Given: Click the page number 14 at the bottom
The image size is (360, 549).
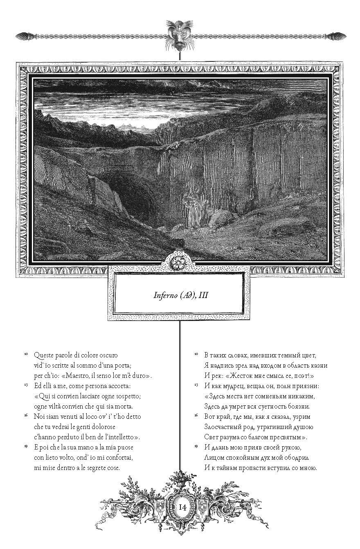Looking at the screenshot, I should coord(182,507).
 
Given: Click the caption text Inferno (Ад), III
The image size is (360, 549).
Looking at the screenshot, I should coord(180,295).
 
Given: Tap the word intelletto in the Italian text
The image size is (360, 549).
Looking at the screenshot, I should coord(122,437).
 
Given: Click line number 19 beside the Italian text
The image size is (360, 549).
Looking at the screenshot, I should coord(26,446).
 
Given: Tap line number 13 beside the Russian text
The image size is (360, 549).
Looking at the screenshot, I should coord(196,385).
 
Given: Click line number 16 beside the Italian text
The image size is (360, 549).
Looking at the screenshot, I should coord(26,415).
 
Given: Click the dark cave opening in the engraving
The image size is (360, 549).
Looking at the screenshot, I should coord(131,197).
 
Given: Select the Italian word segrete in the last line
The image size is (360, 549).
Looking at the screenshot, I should coord(96,468).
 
